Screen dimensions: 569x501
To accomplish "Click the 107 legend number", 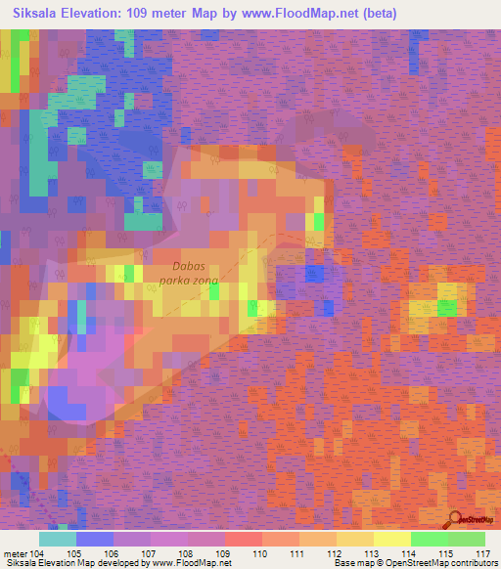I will click(x=150, y=552).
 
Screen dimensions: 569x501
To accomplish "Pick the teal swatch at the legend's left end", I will click(x=58, y=539).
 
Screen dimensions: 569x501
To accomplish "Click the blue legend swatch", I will click(x=95, y=539).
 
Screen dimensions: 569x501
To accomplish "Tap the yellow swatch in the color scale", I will click(x=391, y=539).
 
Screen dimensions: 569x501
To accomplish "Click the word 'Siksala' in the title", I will click(x=37, y=13).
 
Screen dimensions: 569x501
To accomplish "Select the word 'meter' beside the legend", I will click(x=16, y=552).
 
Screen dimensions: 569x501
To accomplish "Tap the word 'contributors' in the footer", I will click(x=471, y=563).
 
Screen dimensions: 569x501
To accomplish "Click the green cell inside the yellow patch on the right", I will click(x=447, y=308).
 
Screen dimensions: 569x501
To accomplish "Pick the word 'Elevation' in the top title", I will click(x=97, y=13).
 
